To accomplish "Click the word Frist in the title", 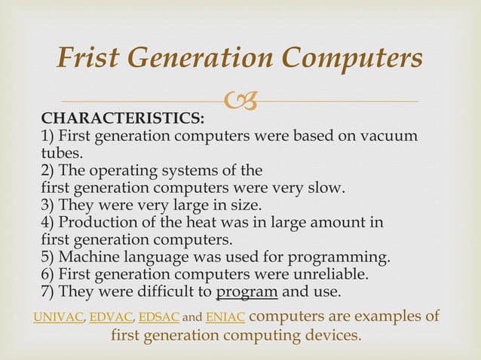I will (91, 59).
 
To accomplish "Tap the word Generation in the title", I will (211, 59).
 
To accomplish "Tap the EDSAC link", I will (159, 318).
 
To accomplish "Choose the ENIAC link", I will (224, 318).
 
